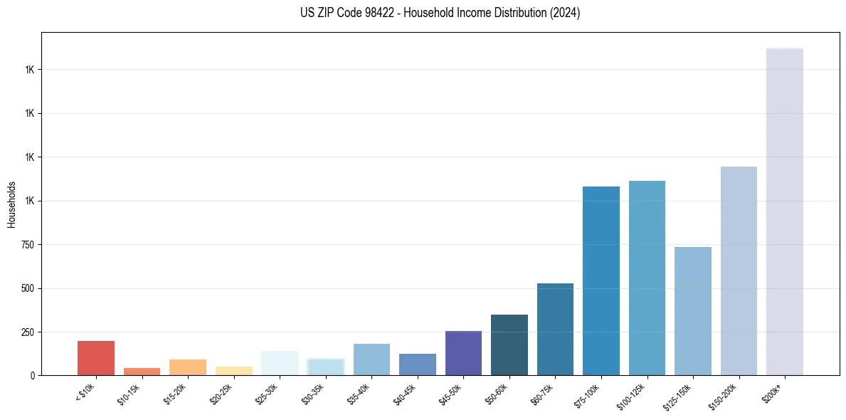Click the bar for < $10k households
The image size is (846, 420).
point(96,358)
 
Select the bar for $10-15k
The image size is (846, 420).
point(142,372)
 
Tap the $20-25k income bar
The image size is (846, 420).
point(233,371)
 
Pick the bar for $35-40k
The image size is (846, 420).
point(371,359)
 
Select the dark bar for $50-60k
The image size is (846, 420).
point(509,345)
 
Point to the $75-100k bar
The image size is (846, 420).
point(601,281)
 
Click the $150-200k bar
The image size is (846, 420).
point(739,271)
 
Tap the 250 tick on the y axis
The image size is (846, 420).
point(27,332)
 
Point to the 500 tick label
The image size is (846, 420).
point(27,288)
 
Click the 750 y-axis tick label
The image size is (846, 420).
point(27,245)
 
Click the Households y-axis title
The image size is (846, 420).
point(11,204)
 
